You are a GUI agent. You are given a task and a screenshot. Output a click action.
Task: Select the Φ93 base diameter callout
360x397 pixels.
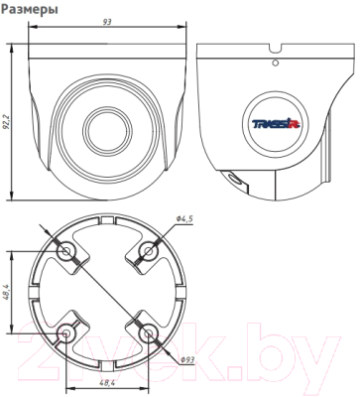click(186, 362)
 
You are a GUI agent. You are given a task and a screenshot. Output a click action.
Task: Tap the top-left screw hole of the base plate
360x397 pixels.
click(64, 251)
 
